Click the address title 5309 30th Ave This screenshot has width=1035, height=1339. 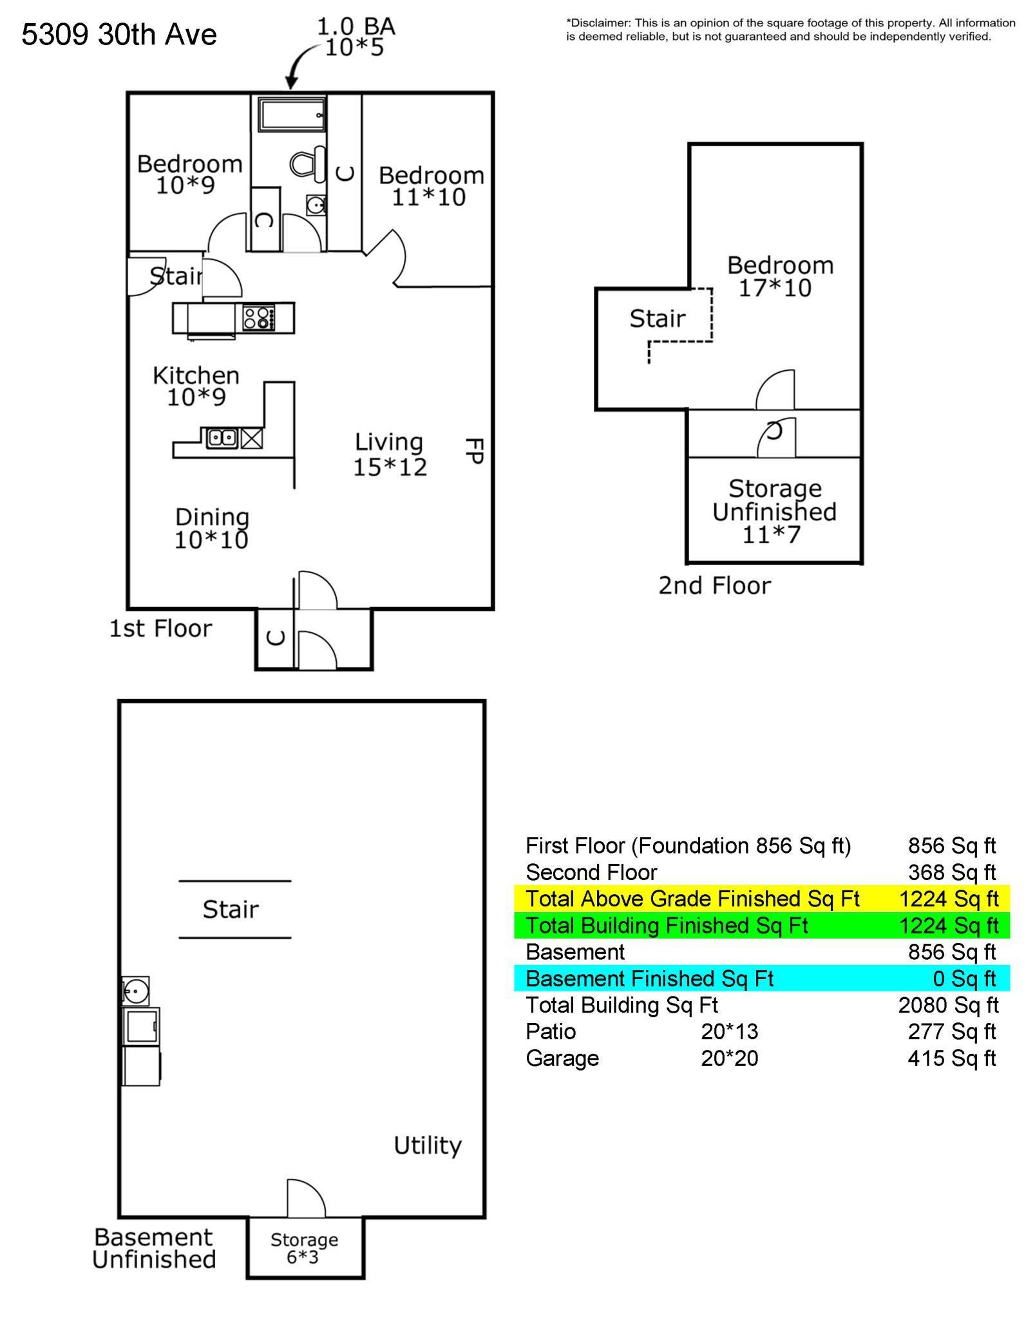point(119,34)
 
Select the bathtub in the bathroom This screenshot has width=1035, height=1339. point(292,114)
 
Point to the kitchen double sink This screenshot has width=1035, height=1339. point(222,438)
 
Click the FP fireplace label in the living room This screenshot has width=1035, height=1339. point(474,451)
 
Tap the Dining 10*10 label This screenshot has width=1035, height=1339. point(212,528)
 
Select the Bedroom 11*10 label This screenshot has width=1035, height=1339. point(431,185)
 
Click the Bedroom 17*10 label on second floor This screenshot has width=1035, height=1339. point(780,276)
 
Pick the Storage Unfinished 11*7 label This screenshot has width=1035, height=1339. point(774,511)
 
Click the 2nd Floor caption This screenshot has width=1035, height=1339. point(714,585)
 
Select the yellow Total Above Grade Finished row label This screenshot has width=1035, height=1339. point(692,898)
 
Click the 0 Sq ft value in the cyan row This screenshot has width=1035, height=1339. point(964,978)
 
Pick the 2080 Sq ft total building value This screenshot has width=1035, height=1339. point(948,1004)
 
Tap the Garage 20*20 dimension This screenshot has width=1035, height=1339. point(730,1058)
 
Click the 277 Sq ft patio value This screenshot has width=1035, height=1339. point(952,1031)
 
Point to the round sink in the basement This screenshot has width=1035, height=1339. point(136,991)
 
